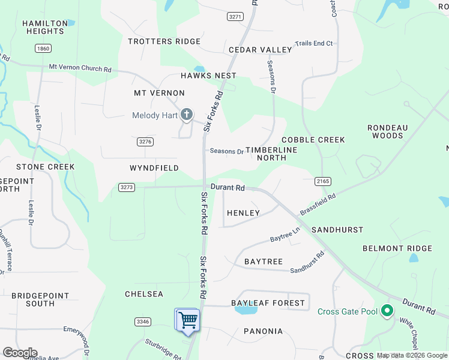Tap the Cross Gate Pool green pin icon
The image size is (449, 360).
(x=387, y=311)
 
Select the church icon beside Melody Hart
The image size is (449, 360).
(x=186, y=114)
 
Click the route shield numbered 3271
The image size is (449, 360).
(x=235, y=17)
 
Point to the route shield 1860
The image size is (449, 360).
(x=43, y=48)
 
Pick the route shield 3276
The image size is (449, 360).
(x=145, y=142)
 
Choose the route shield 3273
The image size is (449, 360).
(x=127, y=187)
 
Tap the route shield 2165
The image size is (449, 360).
(x=323, y=181)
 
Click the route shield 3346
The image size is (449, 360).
(x=143, y=322)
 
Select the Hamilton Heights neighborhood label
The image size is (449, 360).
(x=45, y=27)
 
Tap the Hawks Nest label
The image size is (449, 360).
(x=208, y=76)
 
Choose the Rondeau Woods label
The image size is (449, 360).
(x=387, y=131)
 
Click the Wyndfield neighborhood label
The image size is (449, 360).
(x=154, y=168)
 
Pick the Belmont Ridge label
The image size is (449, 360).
(x=397, y=248)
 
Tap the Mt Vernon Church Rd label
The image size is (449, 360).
(x=80, y=69)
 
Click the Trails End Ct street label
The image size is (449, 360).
(x=313, y=44)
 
